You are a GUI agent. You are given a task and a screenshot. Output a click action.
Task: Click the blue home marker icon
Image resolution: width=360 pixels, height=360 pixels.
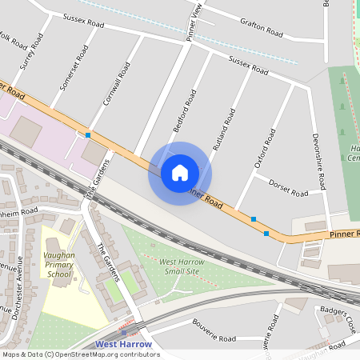(179, 172)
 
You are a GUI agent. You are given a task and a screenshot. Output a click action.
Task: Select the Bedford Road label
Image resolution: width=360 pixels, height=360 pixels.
(185, 111)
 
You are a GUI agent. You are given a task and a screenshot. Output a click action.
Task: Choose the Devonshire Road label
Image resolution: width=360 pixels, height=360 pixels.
(319, 161)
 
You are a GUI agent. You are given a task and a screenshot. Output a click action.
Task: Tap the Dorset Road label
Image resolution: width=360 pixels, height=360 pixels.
(288, 189)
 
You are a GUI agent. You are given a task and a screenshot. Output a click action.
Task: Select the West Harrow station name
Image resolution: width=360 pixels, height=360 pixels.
(123, 345)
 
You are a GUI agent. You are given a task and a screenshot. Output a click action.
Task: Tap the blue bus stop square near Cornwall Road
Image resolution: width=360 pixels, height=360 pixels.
(88, 135)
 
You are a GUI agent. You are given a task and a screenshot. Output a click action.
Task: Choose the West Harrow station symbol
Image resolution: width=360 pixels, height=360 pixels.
(124, 332)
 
